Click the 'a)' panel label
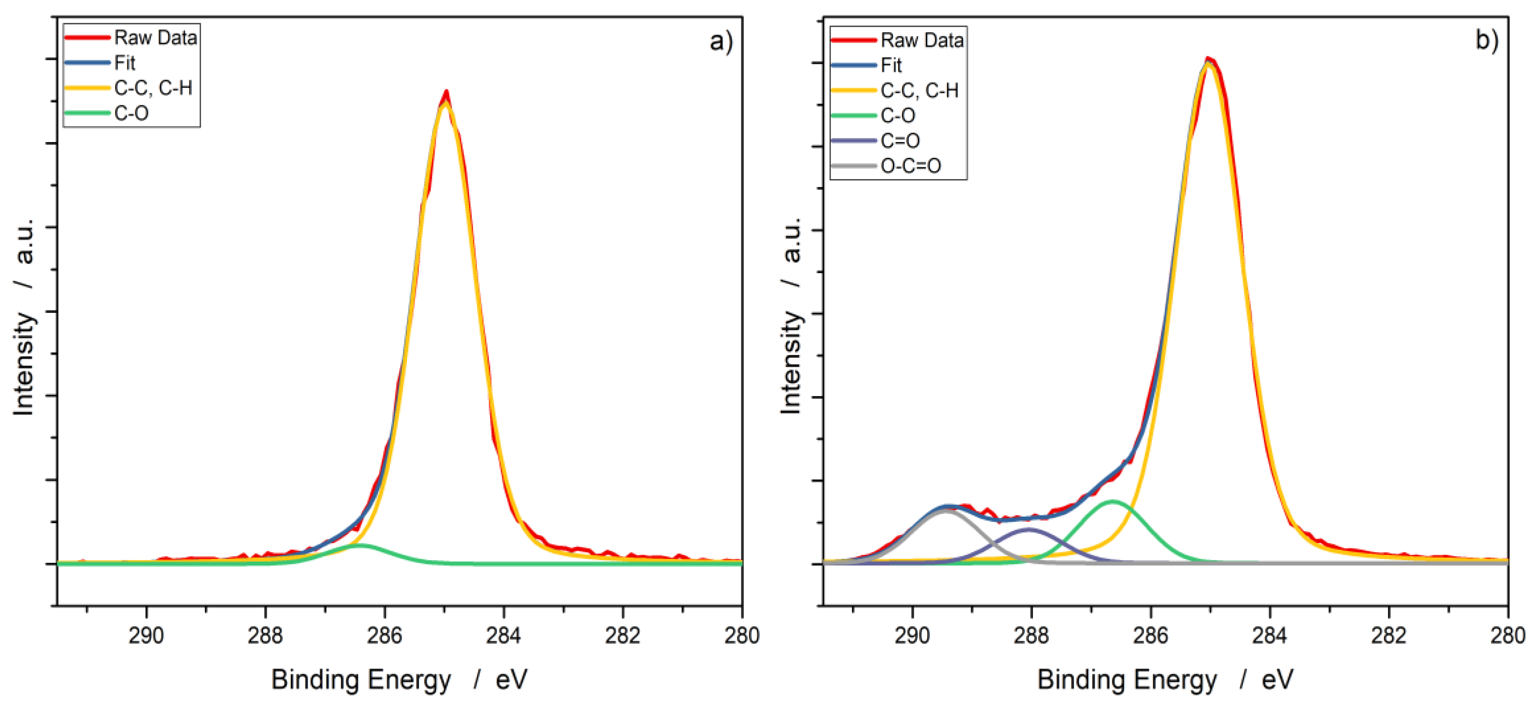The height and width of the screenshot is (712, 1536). [x=721, y=41]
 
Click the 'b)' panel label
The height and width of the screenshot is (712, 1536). [x=1486, y=40]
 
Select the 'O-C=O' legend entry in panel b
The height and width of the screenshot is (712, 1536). [x=911, y=166]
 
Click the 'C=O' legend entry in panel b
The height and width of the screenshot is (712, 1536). [x=900, y=141]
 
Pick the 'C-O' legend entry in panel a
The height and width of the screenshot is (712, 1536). [x=131, y=113]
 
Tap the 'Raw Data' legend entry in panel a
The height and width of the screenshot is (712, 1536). [x=155, y=37]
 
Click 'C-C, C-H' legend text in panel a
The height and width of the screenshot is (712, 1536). [x=153, y=88]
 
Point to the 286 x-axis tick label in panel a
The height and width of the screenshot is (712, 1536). [x=384, y=636]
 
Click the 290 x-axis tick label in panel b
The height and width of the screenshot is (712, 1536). [x=912, y=636]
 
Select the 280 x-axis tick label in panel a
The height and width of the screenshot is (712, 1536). [x=742, y=636]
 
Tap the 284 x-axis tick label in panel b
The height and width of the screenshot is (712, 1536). [x=1269, y=636]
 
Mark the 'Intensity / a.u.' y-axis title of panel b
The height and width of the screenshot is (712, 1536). [x=791, y=316]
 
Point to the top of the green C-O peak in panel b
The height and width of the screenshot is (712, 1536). [x=1113, y=501]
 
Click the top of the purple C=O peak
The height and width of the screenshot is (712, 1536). [x=1029, y=529]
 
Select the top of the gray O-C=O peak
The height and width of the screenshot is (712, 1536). [x=944, y=510]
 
